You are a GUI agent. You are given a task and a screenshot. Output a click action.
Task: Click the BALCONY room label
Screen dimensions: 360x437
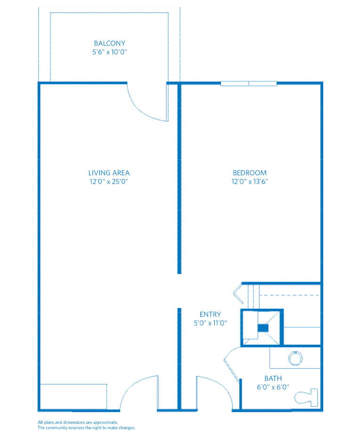[x=110, y=43]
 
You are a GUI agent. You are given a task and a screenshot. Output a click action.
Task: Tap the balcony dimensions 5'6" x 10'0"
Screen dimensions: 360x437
[x=110, y=52]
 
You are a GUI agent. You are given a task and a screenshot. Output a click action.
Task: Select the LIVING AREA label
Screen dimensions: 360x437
[x=109, y=173]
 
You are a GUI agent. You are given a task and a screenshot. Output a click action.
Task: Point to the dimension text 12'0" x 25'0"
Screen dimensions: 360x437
[x=109, y=181]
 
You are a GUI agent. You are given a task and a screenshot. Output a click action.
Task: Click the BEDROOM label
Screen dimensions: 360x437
[x=250, y=173]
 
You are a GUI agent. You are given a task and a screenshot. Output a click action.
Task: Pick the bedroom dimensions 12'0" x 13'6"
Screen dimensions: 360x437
[x=250, y=181]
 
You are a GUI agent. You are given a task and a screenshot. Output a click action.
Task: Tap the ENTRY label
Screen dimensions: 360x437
[x=210, y=315]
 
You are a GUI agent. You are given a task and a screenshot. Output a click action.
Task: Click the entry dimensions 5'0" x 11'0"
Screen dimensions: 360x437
[x=210, y=323]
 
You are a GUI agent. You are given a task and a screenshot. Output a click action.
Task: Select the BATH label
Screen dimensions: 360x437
[x=273, y=379]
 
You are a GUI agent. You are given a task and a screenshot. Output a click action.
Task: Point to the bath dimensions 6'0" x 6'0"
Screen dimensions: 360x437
[x=273, y=387]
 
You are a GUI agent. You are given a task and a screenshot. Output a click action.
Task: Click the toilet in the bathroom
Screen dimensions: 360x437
[x=306, y=397]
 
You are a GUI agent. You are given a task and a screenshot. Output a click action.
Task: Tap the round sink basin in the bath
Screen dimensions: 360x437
[x=295, y=358]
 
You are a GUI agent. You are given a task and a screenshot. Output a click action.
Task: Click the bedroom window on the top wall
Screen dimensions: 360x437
[x=249, y=83]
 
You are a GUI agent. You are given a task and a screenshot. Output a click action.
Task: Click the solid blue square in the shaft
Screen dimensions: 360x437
[x=262, y=328]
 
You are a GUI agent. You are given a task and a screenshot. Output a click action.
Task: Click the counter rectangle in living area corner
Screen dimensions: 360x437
[x=74, y=397]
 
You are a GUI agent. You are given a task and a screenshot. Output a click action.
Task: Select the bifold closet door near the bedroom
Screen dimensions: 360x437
[x=238, y=293]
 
